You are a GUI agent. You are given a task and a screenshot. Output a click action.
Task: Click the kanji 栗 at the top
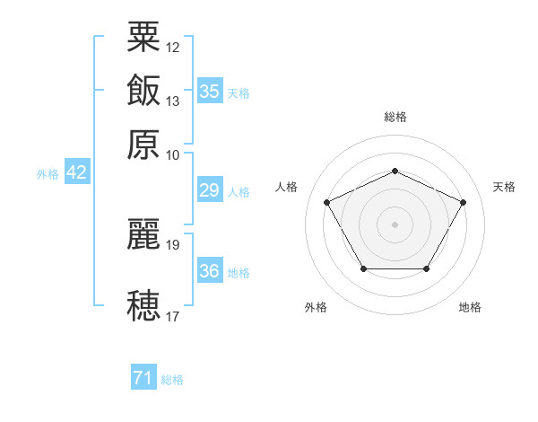tap(143, 37)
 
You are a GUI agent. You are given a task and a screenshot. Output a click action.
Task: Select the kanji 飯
tap(143, 90)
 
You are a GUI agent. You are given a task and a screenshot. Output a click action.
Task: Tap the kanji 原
tap(143, 145)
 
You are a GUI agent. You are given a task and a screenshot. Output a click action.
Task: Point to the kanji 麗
tap(143, 233)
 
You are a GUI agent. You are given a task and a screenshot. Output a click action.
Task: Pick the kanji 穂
tap(143, 305)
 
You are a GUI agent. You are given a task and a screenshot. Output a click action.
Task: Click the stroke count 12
tap(172, 48)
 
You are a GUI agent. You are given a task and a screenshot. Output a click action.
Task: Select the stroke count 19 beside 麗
tap(172, 245)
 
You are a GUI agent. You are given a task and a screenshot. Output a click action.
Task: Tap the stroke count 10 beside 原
tap(172, 155)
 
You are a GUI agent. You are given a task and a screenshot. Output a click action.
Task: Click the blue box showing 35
tap(210, 91)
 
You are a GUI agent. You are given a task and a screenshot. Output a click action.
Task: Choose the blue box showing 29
tap(210, 189)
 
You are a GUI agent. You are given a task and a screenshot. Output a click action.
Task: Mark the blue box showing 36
tap(210, 269)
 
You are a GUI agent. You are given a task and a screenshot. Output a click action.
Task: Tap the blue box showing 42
tap(77, 171)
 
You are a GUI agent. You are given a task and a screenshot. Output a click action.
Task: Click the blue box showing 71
tap(143, 376)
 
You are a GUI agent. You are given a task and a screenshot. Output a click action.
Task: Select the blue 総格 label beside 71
tap(172, 380)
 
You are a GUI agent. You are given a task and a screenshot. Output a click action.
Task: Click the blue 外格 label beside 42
tap(48, 174)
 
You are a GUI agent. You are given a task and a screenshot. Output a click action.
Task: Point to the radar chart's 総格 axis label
tap(395, 117)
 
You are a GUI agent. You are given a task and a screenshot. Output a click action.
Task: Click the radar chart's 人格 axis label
tap(286, 187)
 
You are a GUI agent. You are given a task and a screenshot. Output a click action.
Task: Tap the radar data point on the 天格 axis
tap(463, 202)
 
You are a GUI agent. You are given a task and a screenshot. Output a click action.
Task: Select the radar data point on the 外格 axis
tap(364, 268)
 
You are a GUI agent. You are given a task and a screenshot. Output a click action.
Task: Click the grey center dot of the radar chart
tap(395, 224)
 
